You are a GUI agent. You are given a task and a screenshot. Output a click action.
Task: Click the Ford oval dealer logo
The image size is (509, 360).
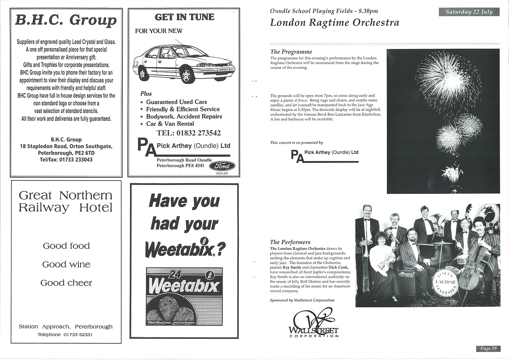point(222,166)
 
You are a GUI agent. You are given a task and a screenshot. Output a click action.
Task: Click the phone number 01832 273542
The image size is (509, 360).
point(189,133)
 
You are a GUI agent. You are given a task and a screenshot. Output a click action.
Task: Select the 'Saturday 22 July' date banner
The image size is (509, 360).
point(469,12)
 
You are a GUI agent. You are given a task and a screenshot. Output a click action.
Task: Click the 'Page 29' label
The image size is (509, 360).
point(488,348)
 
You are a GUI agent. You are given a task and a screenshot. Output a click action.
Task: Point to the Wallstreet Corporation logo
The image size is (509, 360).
point(314,323)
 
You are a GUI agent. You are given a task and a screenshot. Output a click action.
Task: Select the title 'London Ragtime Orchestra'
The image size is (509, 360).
point(335,23)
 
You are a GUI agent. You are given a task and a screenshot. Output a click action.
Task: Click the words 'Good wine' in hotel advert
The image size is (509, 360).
point(66,265)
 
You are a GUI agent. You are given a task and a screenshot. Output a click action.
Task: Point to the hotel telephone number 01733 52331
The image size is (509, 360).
point(65,335)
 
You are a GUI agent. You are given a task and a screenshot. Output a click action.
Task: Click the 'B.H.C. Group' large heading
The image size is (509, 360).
point(66,20)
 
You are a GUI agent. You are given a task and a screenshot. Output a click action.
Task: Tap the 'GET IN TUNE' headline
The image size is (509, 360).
point(184,17)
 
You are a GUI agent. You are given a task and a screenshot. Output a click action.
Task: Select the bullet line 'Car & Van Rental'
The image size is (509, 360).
point(170,124)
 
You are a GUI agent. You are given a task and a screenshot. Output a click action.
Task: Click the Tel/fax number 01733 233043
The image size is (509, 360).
point(66,160)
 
